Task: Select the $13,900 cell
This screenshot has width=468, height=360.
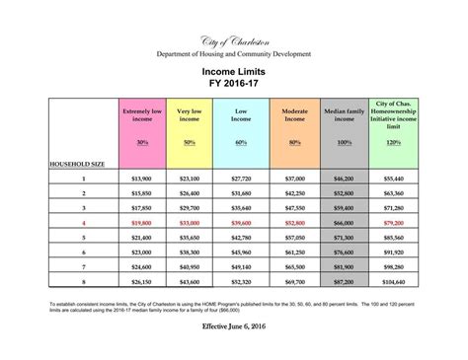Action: [x=142, y=179]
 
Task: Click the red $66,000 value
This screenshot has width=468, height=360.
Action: [x=345, y=223]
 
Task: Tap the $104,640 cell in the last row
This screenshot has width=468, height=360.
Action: [x=394, y=282]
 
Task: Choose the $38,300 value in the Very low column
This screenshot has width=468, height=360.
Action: [x=189, y=252]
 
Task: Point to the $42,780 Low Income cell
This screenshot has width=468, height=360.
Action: [x=241, y=238]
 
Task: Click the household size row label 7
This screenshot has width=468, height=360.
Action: [x=83, y=267]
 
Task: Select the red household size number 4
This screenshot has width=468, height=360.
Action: [x=83, y=223]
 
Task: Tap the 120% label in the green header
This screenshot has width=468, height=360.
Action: [x=394, y=143]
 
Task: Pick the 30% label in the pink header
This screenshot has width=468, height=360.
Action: [x=142, y=143]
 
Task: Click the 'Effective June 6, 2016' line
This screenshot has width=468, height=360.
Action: [x=233, y=324]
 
